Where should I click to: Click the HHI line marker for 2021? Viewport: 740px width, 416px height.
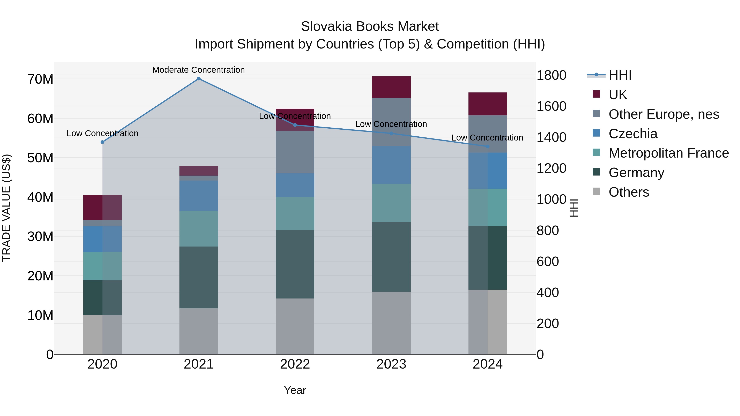coord(199,79)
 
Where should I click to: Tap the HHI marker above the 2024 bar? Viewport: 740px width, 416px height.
coord(488,146)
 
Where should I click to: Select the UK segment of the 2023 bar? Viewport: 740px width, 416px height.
coord(391,87)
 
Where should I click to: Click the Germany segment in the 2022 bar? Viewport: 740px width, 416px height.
coord(295,264)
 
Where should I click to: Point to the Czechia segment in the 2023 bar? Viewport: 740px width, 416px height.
coord(391,165)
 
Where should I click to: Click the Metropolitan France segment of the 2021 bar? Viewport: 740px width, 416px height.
coord(199,229)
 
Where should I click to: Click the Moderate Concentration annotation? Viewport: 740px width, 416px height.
coord(199,70)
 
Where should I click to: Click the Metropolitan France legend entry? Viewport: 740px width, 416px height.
coord(668,153)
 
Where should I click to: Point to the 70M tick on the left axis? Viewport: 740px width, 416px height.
coord(40,79)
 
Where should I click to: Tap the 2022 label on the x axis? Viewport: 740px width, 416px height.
coord(295,364)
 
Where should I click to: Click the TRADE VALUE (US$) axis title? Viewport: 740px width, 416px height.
coord(6,208)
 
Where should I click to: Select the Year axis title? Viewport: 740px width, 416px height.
coord(295,390)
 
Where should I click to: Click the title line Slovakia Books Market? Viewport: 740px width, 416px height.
coord(370,27)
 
